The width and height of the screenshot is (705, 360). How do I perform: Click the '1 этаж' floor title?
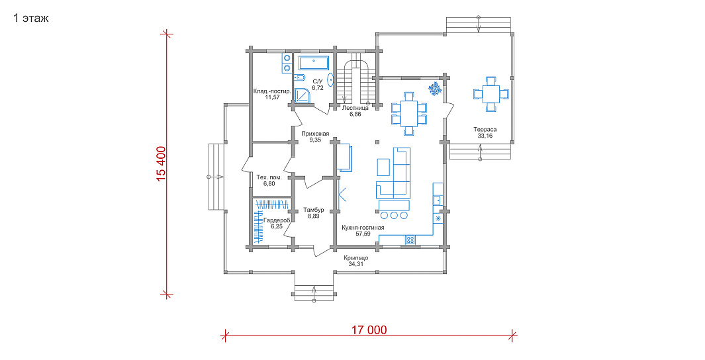tap(30, 19)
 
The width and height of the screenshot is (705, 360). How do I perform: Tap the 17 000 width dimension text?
tap(369, 330)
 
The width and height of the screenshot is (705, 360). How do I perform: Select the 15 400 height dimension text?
tap(162, 164)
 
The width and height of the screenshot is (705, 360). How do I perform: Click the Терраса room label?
tap(485, 130)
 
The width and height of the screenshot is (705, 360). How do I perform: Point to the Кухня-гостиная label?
tap(363, 228)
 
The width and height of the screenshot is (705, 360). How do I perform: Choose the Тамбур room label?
tap(313, 210)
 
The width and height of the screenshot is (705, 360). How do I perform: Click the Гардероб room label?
tap(277, 220)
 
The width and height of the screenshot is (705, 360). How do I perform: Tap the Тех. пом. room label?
tap(269, 177)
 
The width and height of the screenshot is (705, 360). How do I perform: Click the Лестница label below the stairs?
tap(355, 109)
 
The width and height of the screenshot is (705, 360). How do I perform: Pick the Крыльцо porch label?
tap(356, 258)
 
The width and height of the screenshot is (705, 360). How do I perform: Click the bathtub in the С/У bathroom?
tap(314, 63)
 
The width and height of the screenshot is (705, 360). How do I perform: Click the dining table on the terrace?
tap(491, 94)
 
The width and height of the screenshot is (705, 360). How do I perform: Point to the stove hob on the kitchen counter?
tap(410, 240)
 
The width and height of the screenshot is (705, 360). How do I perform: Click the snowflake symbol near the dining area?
tap(434, 89)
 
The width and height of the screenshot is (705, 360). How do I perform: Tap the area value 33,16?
tap(485, 135)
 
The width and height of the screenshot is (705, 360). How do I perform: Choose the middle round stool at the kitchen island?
tap(395, 215)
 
